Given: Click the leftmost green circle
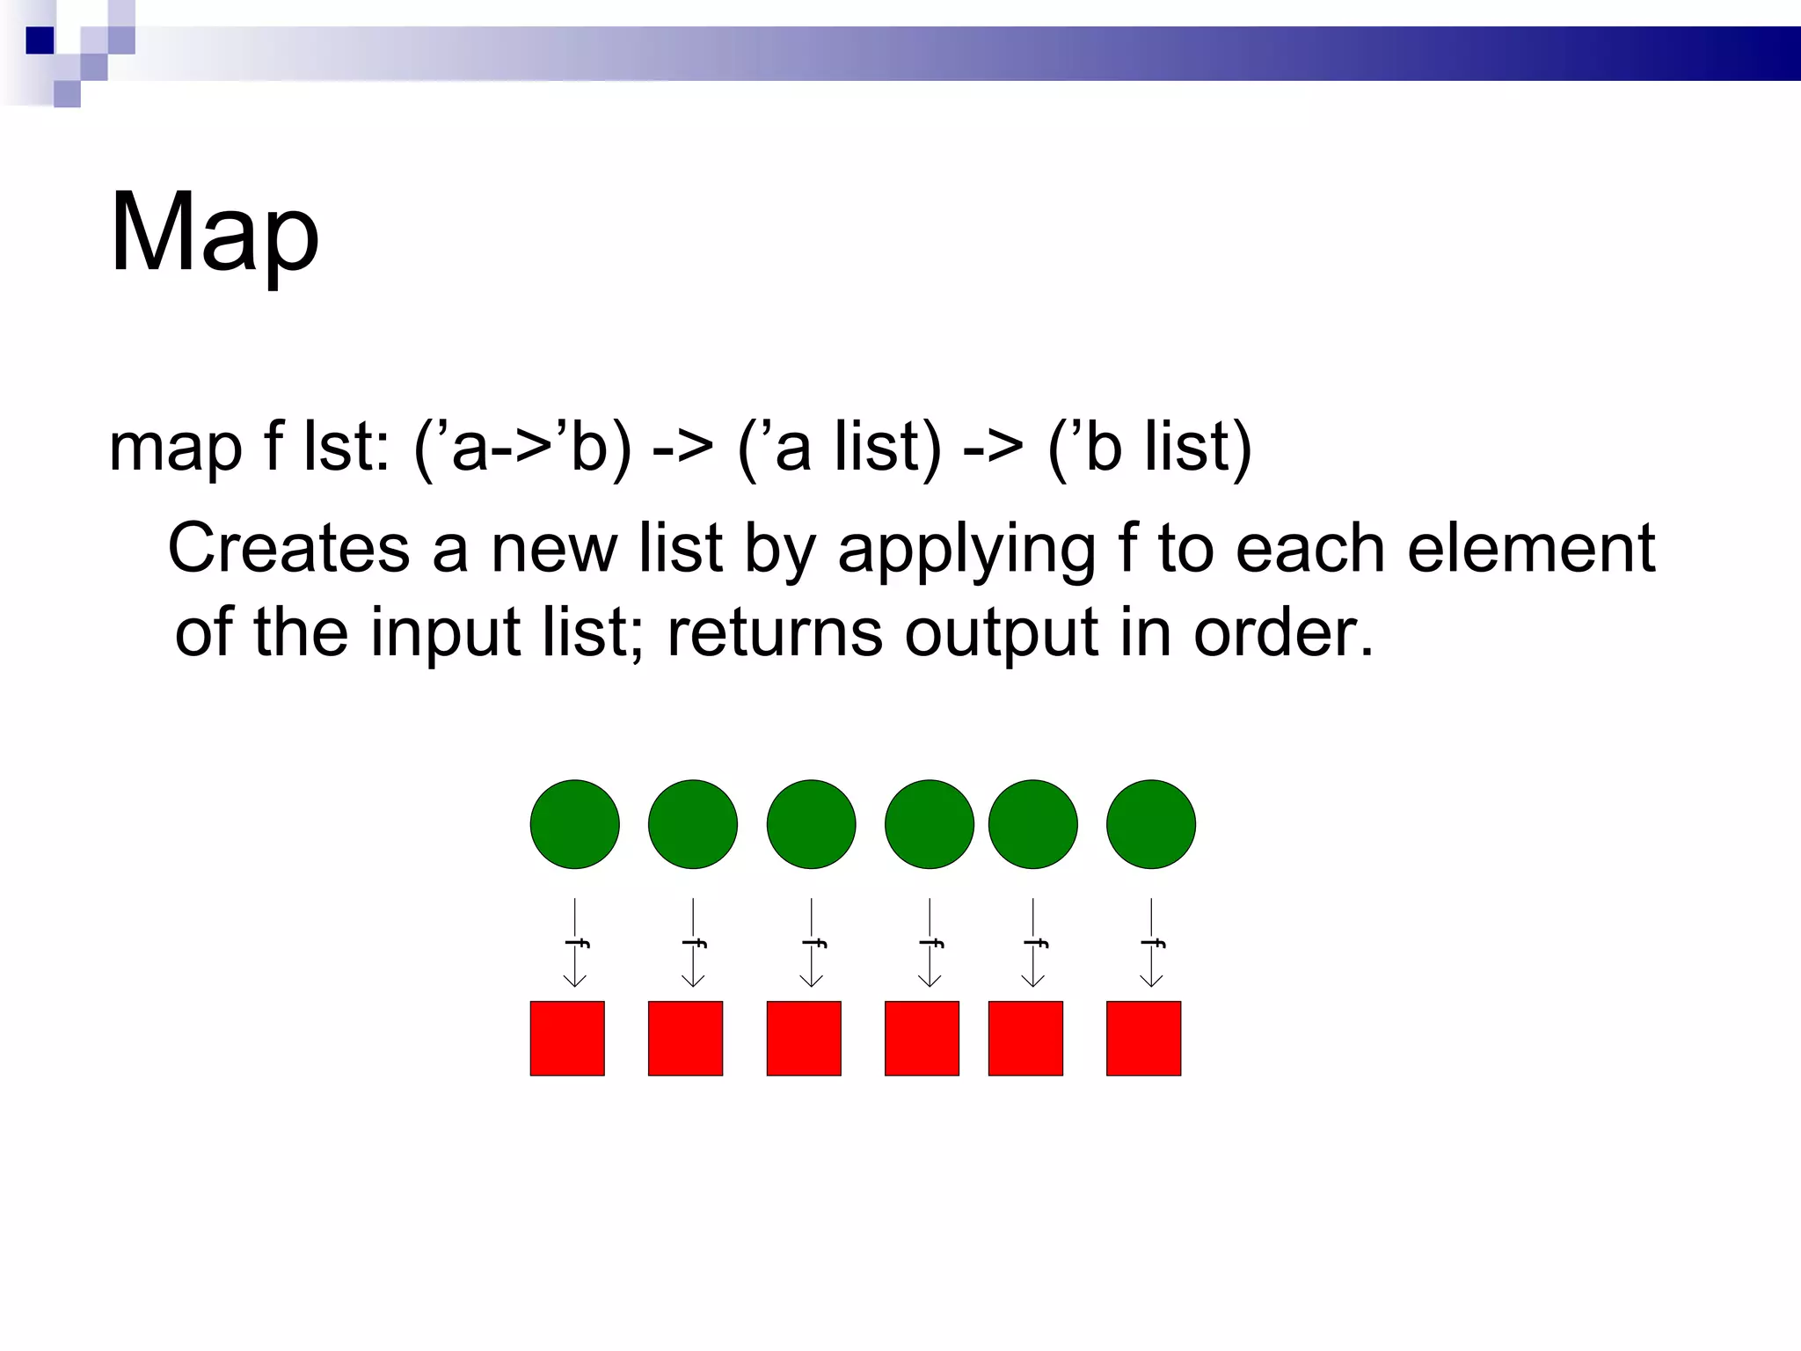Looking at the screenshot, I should [574, 824].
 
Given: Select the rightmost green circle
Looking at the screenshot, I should [1150, 824].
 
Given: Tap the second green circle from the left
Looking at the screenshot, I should [692, 824].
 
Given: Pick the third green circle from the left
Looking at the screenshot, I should [811, 824].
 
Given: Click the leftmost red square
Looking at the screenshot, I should [567, 1038].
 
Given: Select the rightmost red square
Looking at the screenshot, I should [1143, 1038].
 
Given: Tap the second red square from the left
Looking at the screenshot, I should [685, 1038].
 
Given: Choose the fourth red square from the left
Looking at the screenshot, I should [922, 1038].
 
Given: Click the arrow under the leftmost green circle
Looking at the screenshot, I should [575, 943].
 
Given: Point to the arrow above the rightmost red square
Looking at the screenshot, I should [1151, 943].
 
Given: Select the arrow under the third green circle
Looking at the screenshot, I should [812, 943].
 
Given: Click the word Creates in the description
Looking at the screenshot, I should [289, 548].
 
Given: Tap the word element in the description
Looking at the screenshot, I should [1531, 548].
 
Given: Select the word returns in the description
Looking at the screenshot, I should [774, 632].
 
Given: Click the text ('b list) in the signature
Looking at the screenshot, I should [1148, 448].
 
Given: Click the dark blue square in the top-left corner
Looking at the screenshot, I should [40, 40].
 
